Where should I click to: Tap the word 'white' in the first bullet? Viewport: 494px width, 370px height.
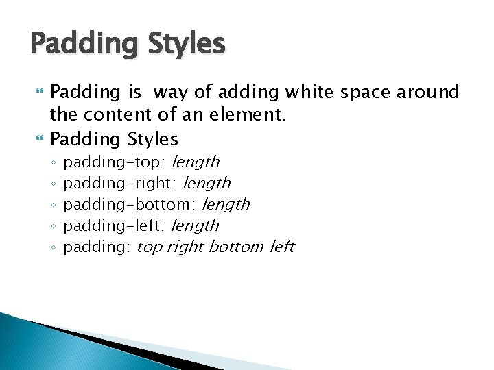[325, 92]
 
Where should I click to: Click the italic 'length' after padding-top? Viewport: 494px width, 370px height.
[196, 162]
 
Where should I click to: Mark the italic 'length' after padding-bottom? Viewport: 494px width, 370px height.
[226, 205]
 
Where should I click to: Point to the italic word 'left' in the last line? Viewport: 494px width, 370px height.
[281, 247]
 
